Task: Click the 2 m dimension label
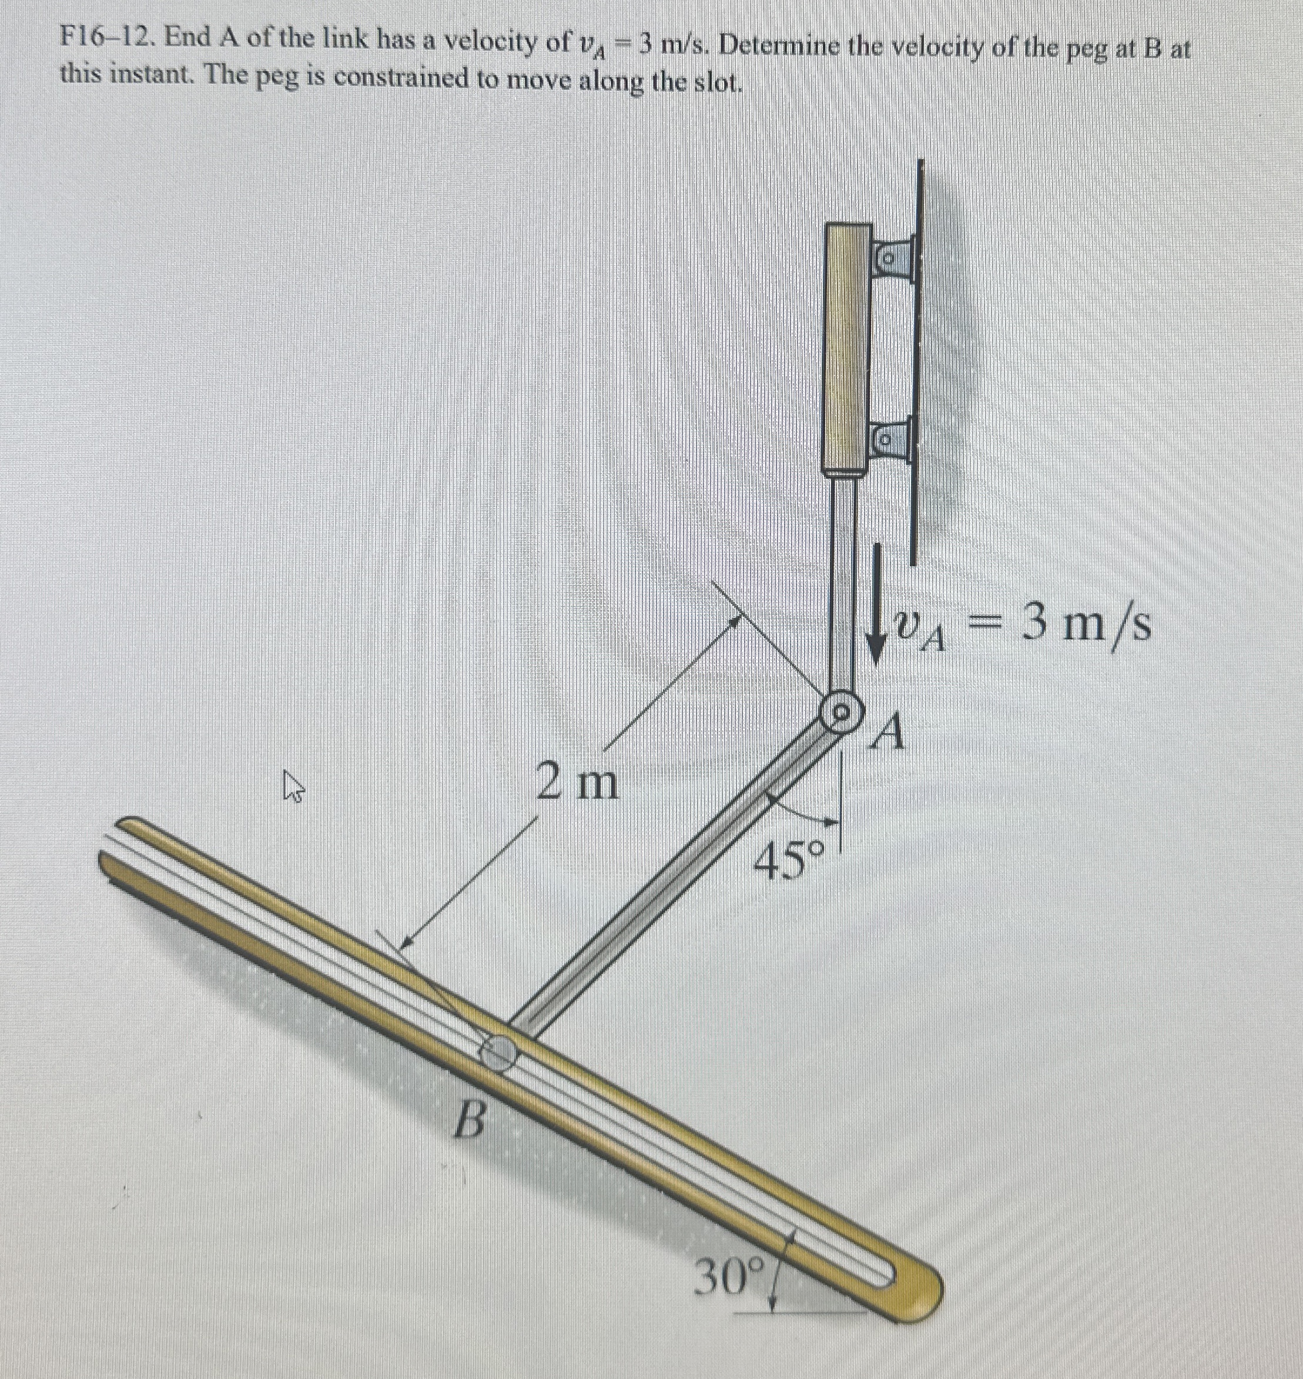pyautogui.click(x=577, y=783)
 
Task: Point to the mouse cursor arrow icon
pyautogui.click(x=294, y=790)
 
